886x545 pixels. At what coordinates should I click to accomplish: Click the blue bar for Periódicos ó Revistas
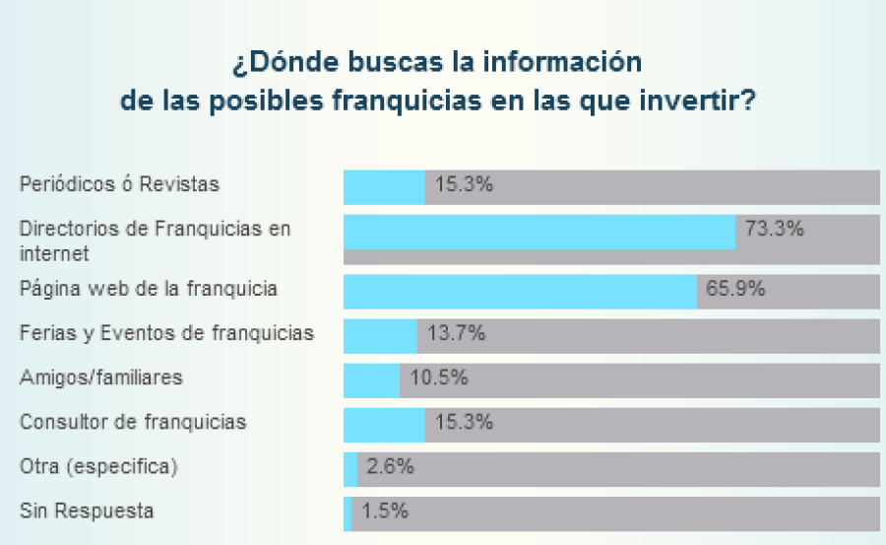384,187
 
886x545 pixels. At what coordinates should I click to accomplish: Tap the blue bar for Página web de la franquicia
520,292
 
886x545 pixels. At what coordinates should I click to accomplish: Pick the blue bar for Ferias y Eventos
380,335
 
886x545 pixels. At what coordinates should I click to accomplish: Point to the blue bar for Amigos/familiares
371,379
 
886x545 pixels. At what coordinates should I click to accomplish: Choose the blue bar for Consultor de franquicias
384,424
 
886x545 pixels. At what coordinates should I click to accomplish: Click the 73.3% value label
775,230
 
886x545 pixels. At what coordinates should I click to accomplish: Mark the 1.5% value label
384,511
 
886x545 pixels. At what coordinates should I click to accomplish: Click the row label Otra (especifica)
98,466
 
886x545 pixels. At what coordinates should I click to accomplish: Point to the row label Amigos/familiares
101,377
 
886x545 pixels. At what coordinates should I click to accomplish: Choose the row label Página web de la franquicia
149,290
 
